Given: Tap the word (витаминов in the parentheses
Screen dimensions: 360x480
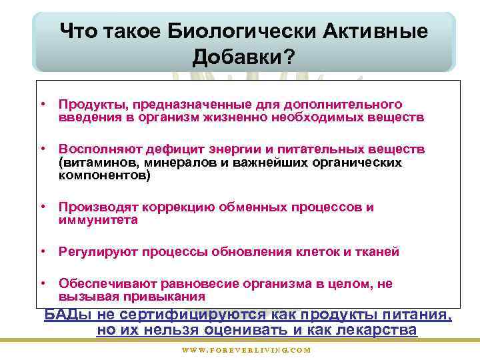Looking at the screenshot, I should (x=92, y=162).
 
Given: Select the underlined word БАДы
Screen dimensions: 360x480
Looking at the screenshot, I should (x=68, y=315).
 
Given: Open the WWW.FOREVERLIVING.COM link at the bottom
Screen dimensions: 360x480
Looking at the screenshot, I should (x=247, y=350).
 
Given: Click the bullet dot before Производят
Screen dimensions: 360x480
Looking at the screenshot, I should (x=42, y=207).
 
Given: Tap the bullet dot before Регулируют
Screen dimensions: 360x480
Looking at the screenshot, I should (x=42, y=252).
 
